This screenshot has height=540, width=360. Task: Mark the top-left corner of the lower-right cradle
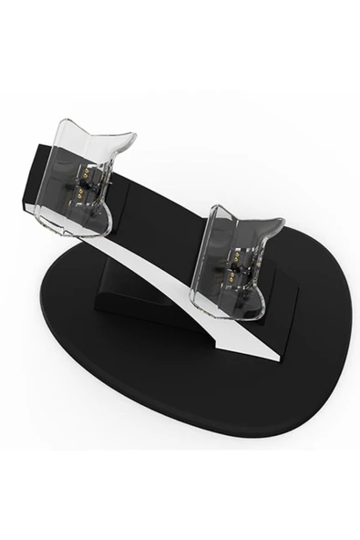coord(211,210)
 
